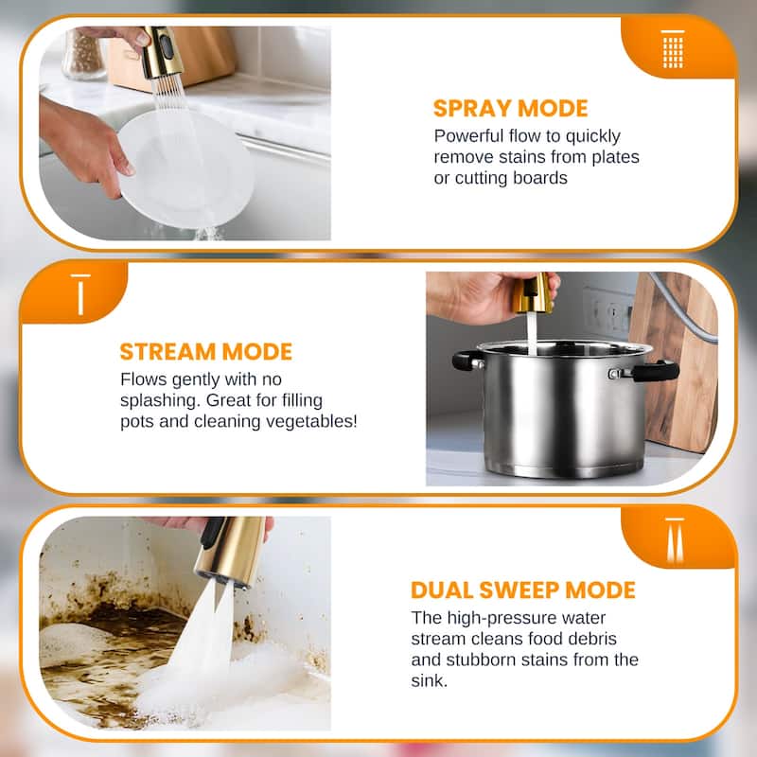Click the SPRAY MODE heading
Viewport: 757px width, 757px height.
point(510,107)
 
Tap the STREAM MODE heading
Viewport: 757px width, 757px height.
point(205,352)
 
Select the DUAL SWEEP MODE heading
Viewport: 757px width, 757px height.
point(522,590)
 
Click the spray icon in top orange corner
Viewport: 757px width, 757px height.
point(673,48)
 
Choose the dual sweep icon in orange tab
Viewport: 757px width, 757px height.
point(673,539)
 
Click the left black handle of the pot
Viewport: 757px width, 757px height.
point(467,361)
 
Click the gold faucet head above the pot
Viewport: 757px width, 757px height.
point(532,295)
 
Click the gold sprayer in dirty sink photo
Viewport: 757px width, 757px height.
point(229,551)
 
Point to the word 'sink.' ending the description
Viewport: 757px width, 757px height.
point(431,680)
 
